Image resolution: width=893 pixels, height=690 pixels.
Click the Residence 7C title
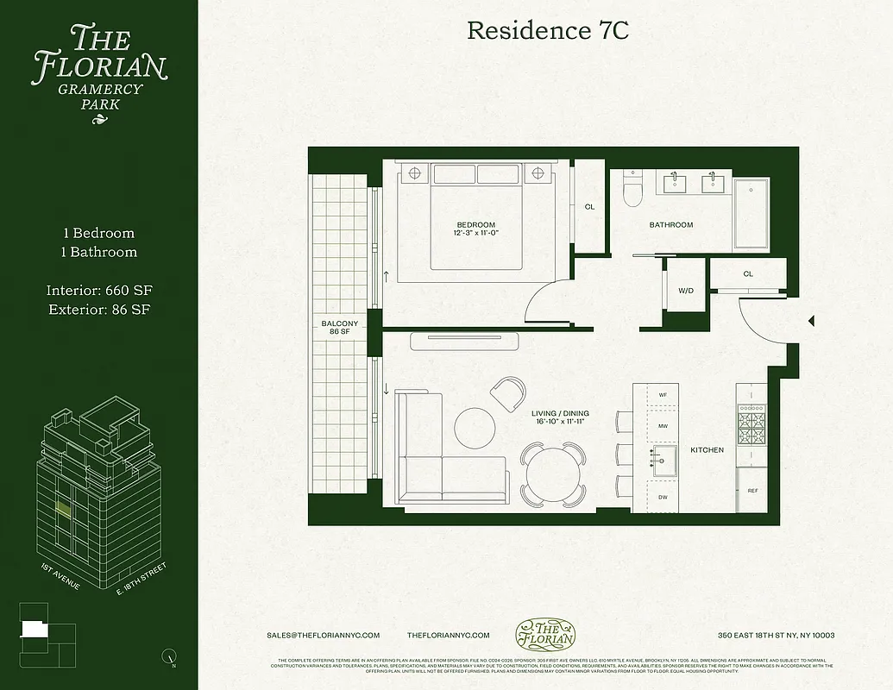(x=547, y=31)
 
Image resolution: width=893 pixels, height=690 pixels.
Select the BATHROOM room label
(x=670, y=225)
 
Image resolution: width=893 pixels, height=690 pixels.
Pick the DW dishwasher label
(x=663, y=497)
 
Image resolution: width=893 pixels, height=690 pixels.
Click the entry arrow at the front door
(x=810, y=322)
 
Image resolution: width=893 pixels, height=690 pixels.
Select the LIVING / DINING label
(x=560, y=417)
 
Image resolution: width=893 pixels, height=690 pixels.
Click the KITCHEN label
(x=707, y=450)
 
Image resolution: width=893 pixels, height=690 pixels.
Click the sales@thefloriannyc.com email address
(x=324, y=635)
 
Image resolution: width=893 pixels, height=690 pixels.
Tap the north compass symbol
(x=169, y=656)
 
